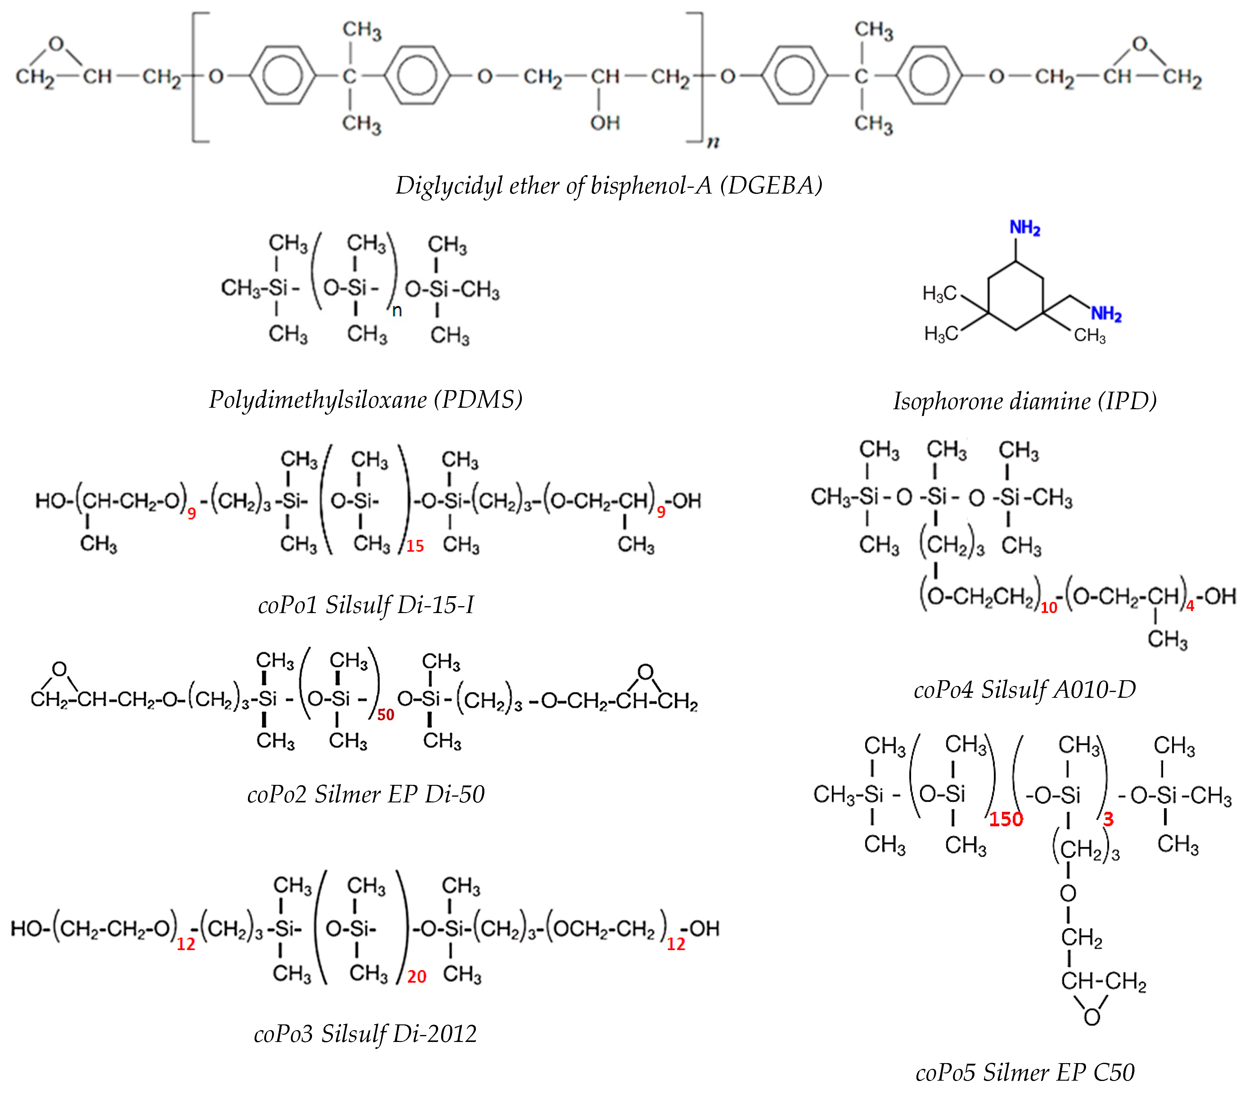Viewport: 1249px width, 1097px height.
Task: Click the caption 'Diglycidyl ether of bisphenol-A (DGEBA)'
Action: click(x=609, y=185)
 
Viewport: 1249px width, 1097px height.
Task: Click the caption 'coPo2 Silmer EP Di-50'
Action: click(x=366, y=794)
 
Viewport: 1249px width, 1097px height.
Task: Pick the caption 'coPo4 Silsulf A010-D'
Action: click(x=1025, y=689)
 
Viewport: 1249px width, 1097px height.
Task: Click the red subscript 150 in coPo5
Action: click(x=1006, y=819)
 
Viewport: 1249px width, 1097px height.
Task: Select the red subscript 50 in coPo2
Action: click(x=385, y=714)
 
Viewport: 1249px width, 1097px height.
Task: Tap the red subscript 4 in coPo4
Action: click(x=1190, y=606)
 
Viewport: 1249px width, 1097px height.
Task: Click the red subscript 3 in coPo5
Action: click(x=1108, y=819)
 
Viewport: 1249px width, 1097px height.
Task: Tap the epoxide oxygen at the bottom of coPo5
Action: click(x=1091, y=1017)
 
